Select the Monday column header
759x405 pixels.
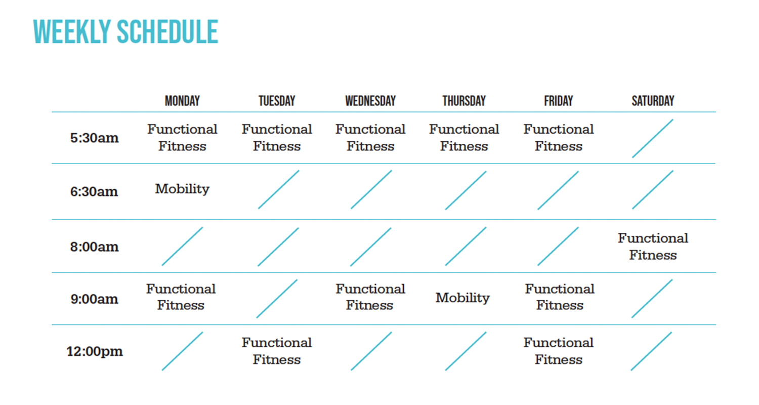pyautogui.click(x=182, y=101)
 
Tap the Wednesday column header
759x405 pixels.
pyautogui.click(x=370, y=101)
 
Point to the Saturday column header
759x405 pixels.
pyautogui.click(x=653, y=101)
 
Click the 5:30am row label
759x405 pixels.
pyautogui.click(x=94, y=138)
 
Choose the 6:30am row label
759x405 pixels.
pyautogui.click(x=94, y=191)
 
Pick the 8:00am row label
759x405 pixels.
pyautogui.click(x=94, y=247)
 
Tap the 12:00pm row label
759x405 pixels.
pyautogui.click(x=95, y=351)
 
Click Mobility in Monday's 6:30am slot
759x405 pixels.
pyautogui.click(x=182, y=189)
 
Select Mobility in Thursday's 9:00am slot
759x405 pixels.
pyautogui.click(x=462, y=298)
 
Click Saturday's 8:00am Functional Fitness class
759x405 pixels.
pyautogui.click(x=653, y=247)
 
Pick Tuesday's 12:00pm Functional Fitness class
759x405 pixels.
pyautogui.click(x=277, y=351)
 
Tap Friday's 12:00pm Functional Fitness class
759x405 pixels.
pyautogui.click(x=559, y=351)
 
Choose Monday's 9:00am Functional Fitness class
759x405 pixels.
pyautogui.click(x=181, y=297)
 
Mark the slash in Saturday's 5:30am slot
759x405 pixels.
pyautogui.click(x=653, y=138)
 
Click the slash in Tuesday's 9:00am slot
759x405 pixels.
pyautogui.click(x=277, y=299)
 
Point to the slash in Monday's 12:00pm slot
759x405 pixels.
pyautogui.click(x=182, y=351)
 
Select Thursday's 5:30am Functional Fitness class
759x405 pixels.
pyautogui.click(x=464, y=138)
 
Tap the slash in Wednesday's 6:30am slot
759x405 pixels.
pyautogui.click(x=371, y=189)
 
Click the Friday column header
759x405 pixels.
pyautogui.click(x=559, y=101)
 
